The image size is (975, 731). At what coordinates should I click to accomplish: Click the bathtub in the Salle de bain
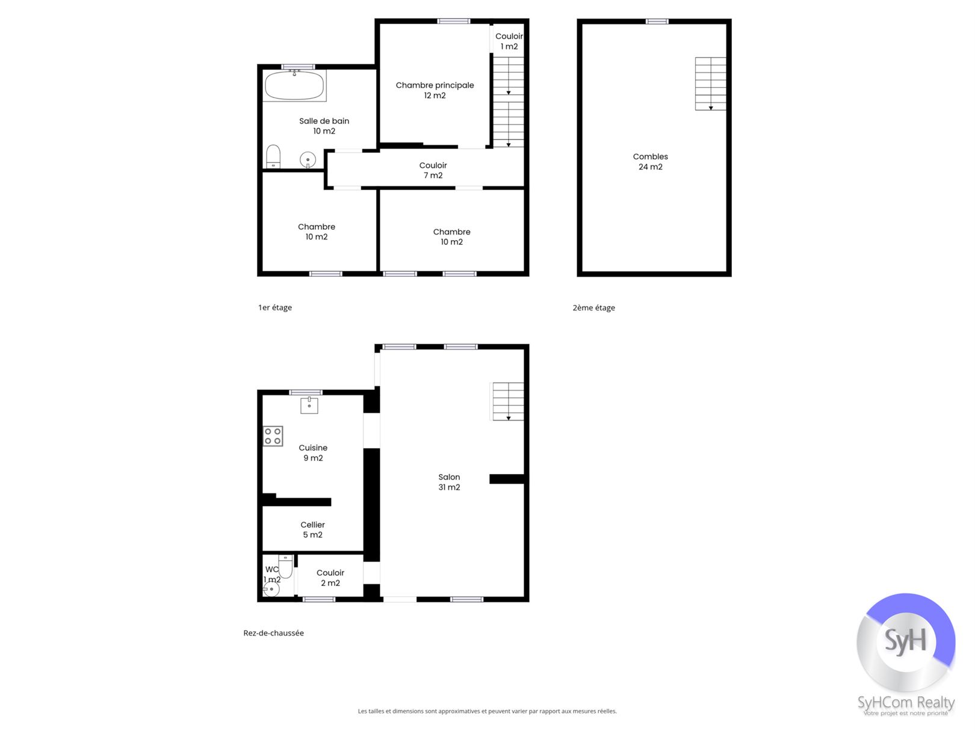point(294,85)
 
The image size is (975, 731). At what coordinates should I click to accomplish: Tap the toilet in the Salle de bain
point(273,156)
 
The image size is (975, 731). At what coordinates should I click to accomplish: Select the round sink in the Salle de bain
point(308,160)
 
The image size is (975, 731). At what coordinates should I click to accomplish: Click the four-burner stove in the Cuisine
point(273,436)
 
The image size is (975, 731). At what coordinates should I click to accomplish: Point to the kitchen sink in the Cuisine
point(309,406)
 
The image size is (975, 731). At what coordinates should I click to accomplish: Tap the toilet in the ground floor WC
point(286,566)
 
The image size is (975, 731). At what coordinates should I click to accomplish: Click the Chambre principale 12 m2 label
point(435,90)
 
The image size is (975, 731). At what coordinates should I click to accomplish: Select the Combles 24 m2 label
point(650,162)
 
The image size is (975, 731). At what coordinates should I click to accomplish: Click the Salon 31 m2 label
point(449,482)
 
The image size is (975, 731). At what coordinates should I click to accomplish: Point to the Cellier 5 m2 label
point(313,529)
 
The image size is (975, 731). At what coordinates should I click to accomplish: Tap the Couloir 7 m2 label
point(433,170)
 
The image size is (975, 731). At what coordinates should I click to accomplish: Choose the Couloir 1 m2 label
point(509,42)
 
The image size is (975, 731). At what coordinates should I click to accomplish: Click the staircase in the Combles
point(711,84)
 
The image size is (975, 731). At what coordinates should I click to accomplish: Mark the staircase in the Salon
point(508,401)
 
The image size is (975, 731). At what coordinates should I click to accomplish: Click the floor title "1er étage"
point(275,307)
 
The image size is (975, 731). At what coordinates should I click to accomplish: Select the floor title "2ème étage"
point(594,307)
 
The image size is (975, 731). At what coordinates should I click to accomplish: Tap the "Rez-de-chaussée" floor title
point(274,633)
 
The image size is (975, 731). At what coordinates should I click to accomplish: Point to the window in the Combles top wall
point(657,21)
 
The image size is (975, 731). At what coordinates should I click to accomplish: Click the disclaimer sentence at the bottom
point(487,711)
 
